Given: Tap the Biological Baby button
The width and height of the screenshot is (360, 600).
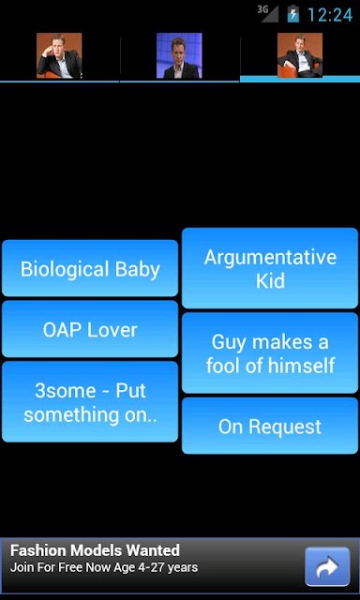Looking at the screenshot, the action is point(90,268).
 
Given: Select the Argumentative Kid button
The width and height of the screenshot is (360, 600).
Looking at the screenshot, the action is point(270,268).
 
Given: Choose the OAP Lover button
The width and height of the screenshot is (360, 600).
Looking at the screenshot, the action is point(90,329).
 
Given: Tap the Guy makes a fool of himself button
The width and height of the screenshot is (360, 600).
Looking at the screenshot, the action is point(270,352).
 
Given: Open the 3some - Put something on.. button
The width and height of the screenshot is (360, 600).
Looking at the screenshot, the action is point(90,402).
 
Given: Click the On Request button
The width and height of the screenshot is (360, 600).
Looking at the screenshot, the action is point(270,426).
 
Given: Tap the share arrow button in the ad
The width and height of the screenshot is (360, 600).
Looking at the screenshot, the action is point(327,566).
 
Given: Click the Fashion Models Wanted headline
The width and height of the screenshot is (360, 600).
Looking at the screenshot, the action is point(95,550).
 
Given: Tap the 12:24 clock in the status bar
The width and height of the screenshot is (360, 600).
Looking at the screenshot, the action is point(330,15).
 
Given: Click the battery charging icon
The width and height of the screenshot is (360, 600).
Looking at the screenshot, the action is point(293,14).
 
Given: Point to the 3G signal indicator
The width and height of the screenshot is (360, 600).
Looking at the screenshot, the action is point(268,13).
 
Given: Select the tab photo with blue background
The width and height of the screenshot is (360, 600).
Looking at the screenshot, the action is point(179,55).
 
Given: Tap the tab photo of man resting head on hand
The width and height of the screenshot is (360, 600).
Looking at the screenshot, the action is point(59,55).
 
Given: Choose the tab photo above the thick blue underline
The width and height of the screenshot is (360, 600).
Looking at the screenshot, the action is point(300,55).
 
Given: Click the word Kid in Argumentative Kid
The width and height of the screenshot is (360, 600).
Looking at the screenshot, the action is point(270,281).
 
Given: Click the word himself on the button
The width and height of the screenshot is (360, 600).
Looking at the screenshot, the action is point(302,366).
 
